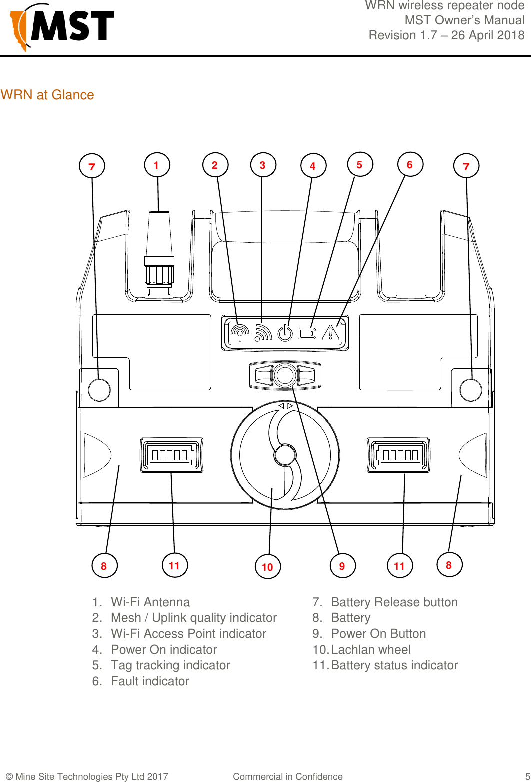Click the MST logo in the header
coord(62,27)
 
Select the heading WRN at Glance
coord(47,95)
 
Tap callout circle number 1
coord(157,165)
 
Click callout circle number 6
coord(410,165)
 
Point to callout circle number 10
coord(267,567)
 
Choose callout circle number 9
coord(342,566)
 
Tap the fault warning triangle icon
coord(331,333)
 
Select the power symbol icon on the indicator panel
coord(285,333)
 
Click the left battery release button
coord(99,389)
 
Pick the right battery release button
coord(470,389)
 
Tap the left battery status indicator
coord(171,455)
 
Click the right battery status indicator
coord(399,455)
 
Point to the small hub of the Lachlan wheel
coord(284,455)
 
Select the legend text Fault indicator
coord(150,681)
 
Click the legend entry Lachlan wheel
coord(371,650)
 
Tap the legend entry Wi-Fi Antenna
coord(150,602)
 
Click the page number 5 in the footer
coord(527,776)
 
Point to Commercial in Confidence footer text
coord(288,776)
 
